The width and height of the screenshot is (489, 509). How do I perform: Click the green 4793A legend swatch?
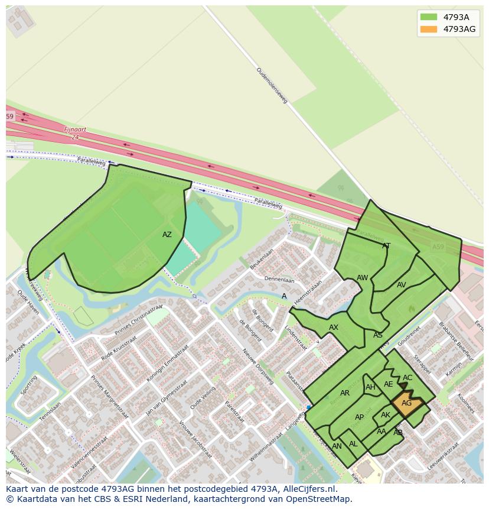(429, 17)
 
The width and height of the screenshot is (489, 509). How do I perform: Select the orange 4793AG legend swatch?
(429, 29)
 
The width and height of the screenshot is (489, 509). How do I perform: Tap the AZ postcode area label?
(167, 235)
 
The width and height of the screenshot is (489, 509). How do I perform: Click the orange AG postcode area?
(406, 404)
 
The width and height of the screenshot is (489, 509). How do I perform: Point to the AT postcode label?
(386, 246)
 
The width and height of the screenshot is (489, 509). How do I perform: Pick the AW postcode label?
(363, 278)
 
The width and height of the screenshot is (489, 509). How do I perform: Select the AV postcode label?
(402, 285)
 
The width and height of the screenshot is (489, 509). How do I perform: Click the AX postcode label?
(334, 328)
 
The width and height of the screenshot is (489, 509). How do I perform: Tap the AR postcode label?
(345, 393)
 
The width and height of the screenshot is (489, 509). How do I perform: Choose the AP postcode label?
(359, 417)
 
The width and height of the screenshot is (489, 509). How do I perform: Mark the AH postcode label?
(370, 388)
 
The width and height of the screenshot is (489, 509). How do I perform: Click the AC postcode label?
(407, 378)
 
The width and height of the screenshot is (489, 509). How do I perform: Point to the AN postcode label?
(337, 446)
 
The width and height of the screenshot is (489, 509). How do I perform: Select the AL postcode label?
(353, 444)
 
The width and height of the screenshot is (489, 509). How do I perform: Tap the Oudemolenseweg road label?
(272, 86)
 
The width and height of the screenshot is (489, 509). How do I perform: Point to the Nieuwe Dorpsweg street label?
(257, 366)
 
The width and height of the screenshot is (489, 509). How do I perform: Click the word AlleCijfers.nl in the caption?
(308, 489)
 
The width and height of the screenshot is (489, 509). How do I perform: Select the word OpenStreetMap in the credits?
(319, 499)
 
